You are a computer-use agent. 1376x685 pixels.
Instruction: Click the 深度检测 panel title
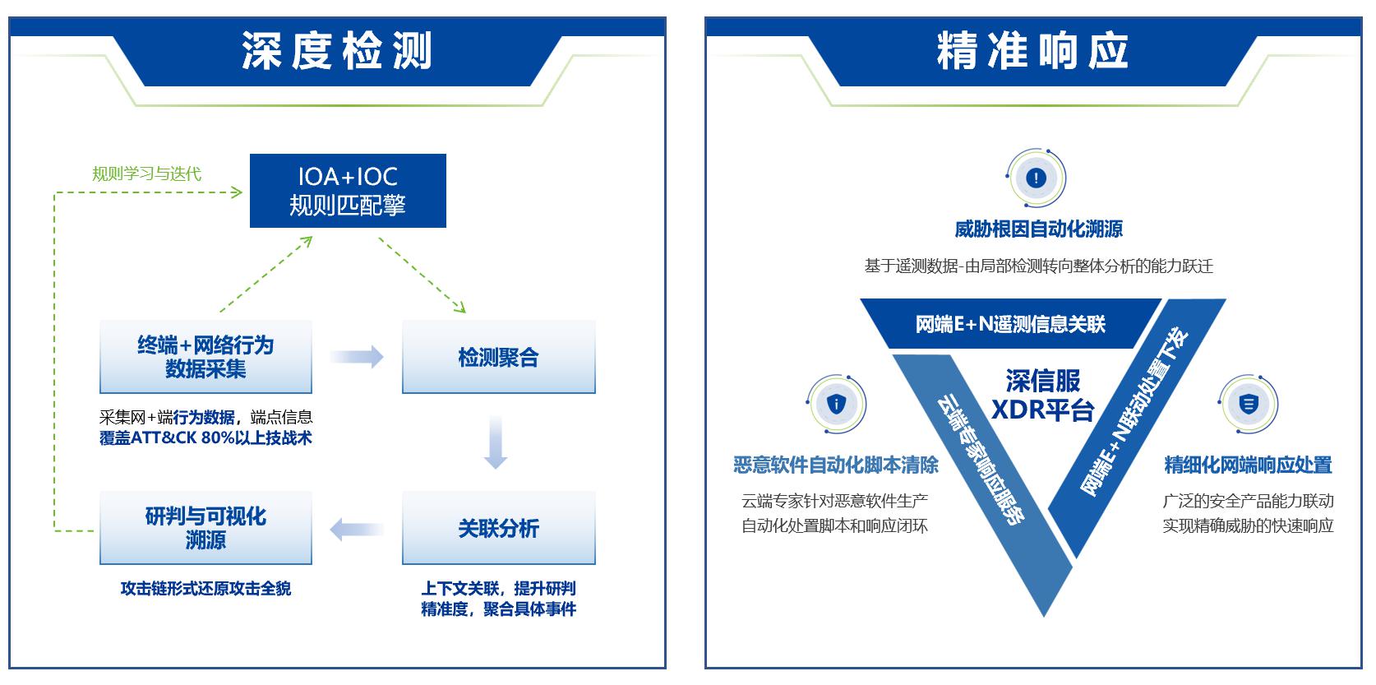[336, 52]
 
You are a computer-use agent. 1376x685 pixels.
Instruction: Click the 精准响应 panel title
[1032, 52]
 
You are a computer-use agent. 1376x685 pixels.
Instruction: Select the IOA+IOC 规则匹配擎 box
[348, 191]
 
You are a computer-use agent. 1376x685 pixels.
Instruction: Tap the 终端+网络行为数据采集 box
[205, 357]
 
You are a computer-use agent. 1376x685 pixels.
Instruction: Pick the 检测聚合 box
[498, 357]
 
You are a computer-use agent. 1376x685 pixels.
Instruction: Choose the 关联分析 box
[498, 528]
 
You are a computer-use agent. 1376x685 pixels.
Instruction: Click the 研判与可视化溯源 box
[205, 528]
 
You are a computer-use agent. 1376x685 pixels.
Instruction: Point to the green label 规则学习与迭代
[146, 174]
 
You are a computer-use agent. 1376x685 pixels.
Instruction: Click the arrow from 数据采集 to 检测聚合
[357, 357]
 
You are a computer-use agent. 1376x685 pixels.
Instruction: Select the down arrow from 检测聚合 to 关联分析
[495, 442]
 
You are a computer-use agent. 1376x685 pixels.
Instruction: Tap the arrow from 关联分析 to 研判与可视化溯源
[357, 529]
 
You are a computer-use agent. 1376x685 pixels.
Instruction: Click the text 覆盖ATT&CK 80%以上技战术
[205, 438]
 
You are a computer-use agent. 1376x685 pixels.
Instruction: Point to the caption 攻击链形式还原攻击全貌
[205, 589]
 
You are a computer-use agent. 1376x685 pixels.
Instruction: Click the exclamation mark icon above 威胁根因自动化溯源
[1036, 178]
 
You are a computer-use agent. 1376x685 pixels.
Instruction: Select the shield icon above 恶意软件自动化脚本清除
[836, 404]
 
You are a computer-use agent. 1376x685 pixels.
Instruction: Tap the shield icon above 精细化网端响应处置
[1248, 404]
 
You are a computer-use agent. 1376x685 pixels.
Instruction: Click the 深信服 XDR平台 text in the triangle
[1042, 395]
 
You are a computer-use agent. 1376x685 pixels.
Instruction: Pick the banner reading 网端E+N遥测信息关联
[1010, 324]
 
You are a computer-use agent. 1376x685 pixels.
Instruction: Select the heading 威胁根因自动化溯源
[1038, 229]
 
